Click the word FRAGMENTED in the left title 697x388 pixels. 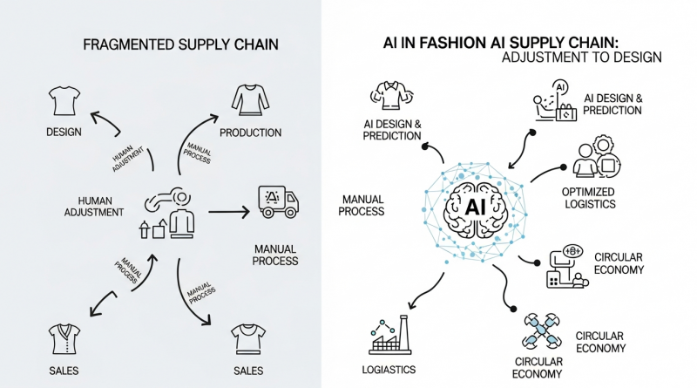[x=128, y=44]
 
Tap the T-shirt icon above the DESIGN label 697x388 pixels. [x=64, y=101]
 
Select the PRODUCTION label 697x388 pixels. [x=250, y=133]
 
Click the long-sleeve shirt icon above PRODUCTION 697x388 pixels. [x=250, y=100]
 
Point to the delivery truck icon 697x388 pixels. [x=278, y=201]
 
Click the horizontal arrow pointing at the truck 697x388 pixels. [x=229, y=212]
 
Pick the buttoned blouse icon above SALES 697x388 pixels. [x=64, y=339]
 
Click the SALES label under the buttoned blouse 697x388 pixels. [x=64, y=371]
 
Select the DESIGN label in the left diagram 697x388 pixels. [x=64, y=133]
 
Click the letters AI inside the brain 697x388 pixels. [x=475, y=207]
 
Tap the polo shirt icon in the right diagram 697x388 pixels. [x=391, y=95]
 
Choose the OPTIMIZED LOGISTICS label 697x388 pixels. [x=590, y=198]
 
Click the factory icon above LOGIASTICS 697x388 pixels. [x=390, y=335]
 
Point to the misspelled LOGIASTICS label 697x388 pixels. [x=389, y=370]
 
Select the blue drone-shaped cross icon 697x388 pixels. [x=541, y=330]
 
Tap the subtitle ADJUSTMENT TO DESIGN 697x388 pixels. [x=581, y=58]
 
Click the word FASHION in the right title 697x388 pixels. [x=453, y=43]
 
